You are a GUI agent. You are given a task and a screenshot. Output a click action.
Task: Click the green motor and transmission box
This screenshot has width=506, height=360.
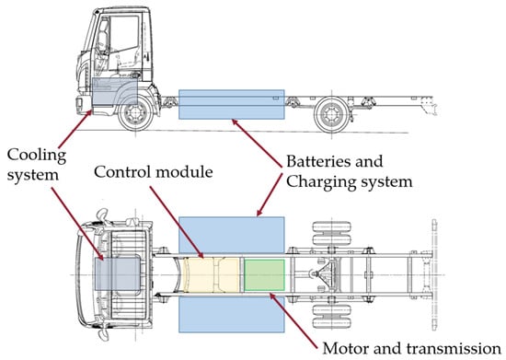pos(264,275)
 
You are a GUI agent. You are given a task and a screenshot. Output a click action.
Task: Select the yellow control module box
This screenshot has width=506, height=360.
pos(212,275)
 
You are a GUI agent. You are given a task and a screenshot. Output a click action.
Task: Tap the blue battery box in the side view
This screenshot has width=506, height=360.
pos(232,105)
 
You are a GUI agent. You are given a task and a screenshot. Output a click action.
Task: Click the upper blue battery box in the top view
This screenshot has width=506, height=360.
pos(232,235)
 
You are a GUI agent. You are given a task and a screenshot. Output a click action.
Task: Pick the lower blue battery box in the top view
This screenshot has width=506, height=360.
pos(232,314)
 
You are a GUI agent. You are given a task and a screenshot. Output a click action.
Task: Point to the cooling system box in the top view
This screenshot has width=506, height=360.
pos(118,273)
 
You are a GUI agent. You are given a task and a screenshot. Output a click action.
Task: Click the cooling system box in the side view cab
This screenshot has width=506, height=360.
pos(115,91)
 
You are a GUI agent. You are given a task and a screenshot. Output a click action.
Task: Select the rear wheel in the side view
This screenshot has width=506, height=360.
pos(332,115)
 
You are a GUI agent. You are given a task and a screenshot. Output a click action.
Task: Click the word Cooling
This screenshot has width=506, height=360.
pos(37,156)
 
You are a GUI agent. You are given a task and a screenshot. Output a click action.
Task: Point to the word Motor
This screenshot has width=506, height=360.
pos(343,349)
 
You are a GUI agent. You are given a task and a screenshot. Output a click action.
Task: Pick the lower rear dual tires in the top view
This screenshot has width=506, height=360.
pos(331,317)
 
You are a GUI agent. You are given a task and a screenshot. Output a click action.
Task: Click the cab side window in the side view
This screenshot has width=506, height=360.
pos(124,33)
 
